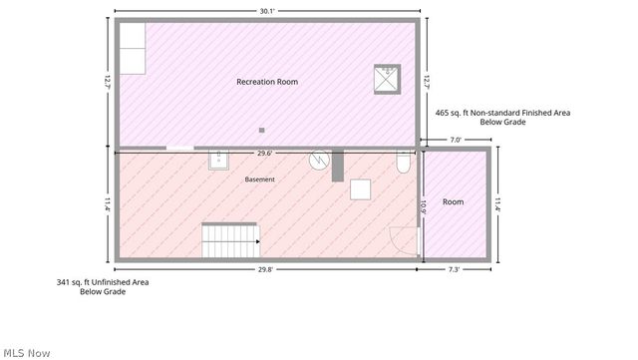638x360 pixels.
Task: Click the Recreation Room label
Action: coord(267,82)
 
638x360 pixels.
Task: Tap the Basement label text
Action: coord(259,180)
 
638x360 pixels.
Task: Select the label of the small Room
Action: coord(453,202)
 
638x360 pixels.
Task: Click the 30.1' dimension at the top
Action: coord(267,11)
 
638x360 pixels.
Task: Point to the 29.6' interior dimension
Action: coord(264,154)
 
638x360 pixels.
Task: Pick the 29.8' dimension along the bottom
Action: coord(265,269)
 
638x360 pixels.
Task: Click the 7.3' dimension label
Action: coord(454,269)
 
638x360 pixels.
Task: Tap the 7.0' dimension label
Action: coord(456,140)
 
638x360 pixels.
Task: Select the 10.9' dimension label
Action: coord(423,207)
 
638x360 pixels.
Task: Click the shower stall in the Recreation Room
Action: coord(388,79)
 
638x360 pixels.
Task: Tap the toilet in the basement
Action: coord(403,162)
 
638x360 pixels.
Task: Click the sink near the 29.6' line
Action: coord(218,160)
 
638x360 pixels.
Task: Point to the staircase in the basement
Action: coord(230,240)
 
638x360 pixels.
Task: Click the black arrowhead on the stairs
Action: coord(258,241)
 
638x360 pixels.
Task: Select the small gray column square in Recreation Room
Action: coord(261,131)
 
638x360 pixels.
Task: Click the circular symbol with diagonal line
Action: coord(319,160)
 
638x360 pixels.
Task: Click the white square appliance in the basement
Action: coord(361,189)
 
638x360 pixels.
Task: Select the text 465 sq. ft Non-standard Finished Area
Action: coord(502,113)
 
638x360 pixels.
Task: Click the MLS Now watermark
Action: coord(27,353)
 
